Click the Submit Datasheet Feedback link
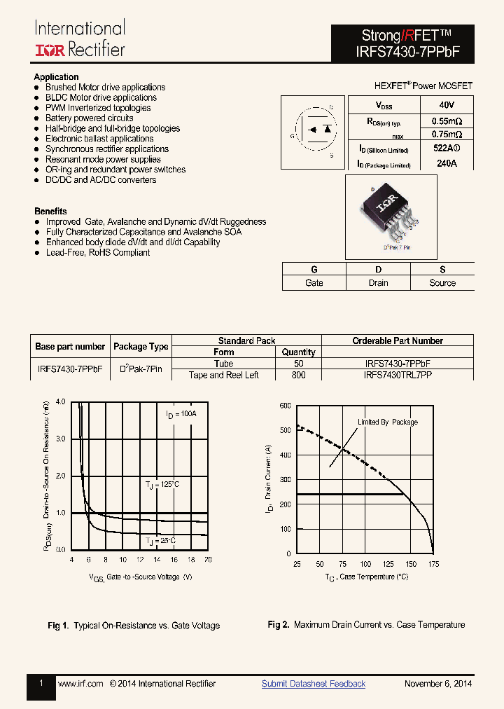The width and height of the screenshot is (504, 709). [313, 684]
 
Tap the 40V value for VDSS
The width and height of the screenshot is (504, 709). [447, 105]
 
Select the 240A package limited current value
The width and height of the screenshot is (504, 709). [446, 163]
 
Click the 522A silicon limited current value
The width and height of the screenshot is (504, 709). [447, 149]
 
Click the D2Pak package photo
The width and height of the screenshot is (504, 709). [390, 213]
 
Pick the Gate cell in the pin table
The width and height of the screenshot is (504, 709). [314, 283]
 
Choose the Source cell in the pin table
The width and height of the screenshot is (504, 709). [442, 283]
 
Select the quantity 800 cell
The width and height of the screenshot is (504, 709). [298, 375]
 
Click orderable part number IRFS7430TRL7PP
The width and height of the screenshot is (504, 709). [398, 375]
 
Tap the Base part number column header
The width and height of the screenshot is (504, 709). [70, 347]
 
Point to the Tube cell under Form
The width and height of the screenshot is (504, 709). [224, 364]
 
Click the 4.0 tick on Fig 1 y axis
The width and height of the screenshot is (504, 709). [60, 402]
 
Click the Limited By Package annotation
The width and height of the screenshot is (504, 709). [388, 422]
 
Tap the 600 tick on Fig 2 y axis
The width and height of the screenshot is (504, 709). [285, 406]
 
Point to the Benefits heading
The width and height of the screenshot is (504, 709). [50, 211]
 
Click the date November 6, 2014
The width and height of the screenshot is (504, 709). [438, 684]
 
